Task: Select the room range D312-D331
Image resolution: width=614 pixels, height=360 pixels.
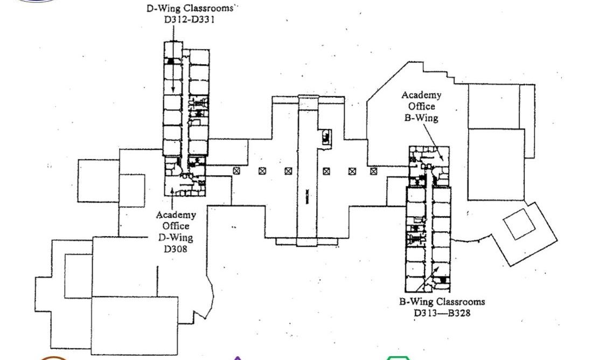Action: [190, 19]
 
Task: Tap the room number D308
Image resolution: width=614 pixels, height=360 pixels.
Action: [175, 249]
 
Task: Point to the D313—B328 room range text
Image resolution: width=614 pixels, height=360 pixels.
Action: [442, 313]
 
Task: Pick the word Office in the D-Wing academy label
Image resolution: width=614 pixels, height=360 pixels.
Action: [176, 226]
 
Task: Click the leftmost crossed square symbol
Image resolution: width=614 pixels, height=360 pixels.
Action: [236, 171]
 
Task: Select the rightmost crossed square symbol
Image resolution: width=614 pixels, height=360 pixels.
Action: [374, 171]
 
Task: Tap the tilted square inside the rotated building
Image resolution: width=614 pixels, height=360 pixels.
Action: [519, 224]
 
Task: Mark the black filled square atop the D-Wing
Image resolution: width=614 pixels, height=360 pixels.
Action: [170, 61]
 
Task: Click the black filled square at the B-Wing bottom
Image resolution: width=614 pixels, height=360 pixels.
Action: [443, 280]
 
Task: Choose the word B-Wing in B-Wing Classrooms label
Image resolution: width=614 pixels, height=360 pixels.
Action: [416, 302]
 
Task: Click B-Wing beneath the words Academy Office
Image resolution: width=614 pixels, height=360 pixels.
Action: [421, 117]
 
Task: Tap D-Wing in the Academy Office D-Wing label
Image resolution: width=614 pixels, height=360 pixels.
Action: [176, 237]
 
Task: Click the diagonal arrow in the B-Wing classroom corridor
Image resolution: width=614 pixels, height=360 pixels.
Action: [428, 279]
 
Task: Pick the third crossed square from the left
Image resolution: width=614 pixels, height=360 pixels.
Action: [288, 171]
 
